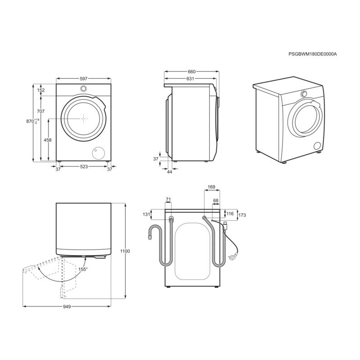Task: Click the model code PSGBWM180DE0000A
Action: [313, 54]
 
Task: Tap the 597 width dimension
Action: [84, 79]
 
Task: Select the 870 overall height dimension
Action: [32, 121]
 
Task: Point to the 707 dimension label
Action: [40, 111]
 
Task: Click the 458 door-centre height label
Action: [48, 140]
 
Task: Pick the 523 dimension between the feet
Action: [84, 166]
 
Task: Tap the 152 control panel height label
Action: [40, 90]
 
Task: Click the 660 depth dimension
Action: [192, 72]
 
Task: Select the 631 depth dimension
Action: [190, 79]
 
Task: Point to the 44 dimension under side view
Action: [170, 172]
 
